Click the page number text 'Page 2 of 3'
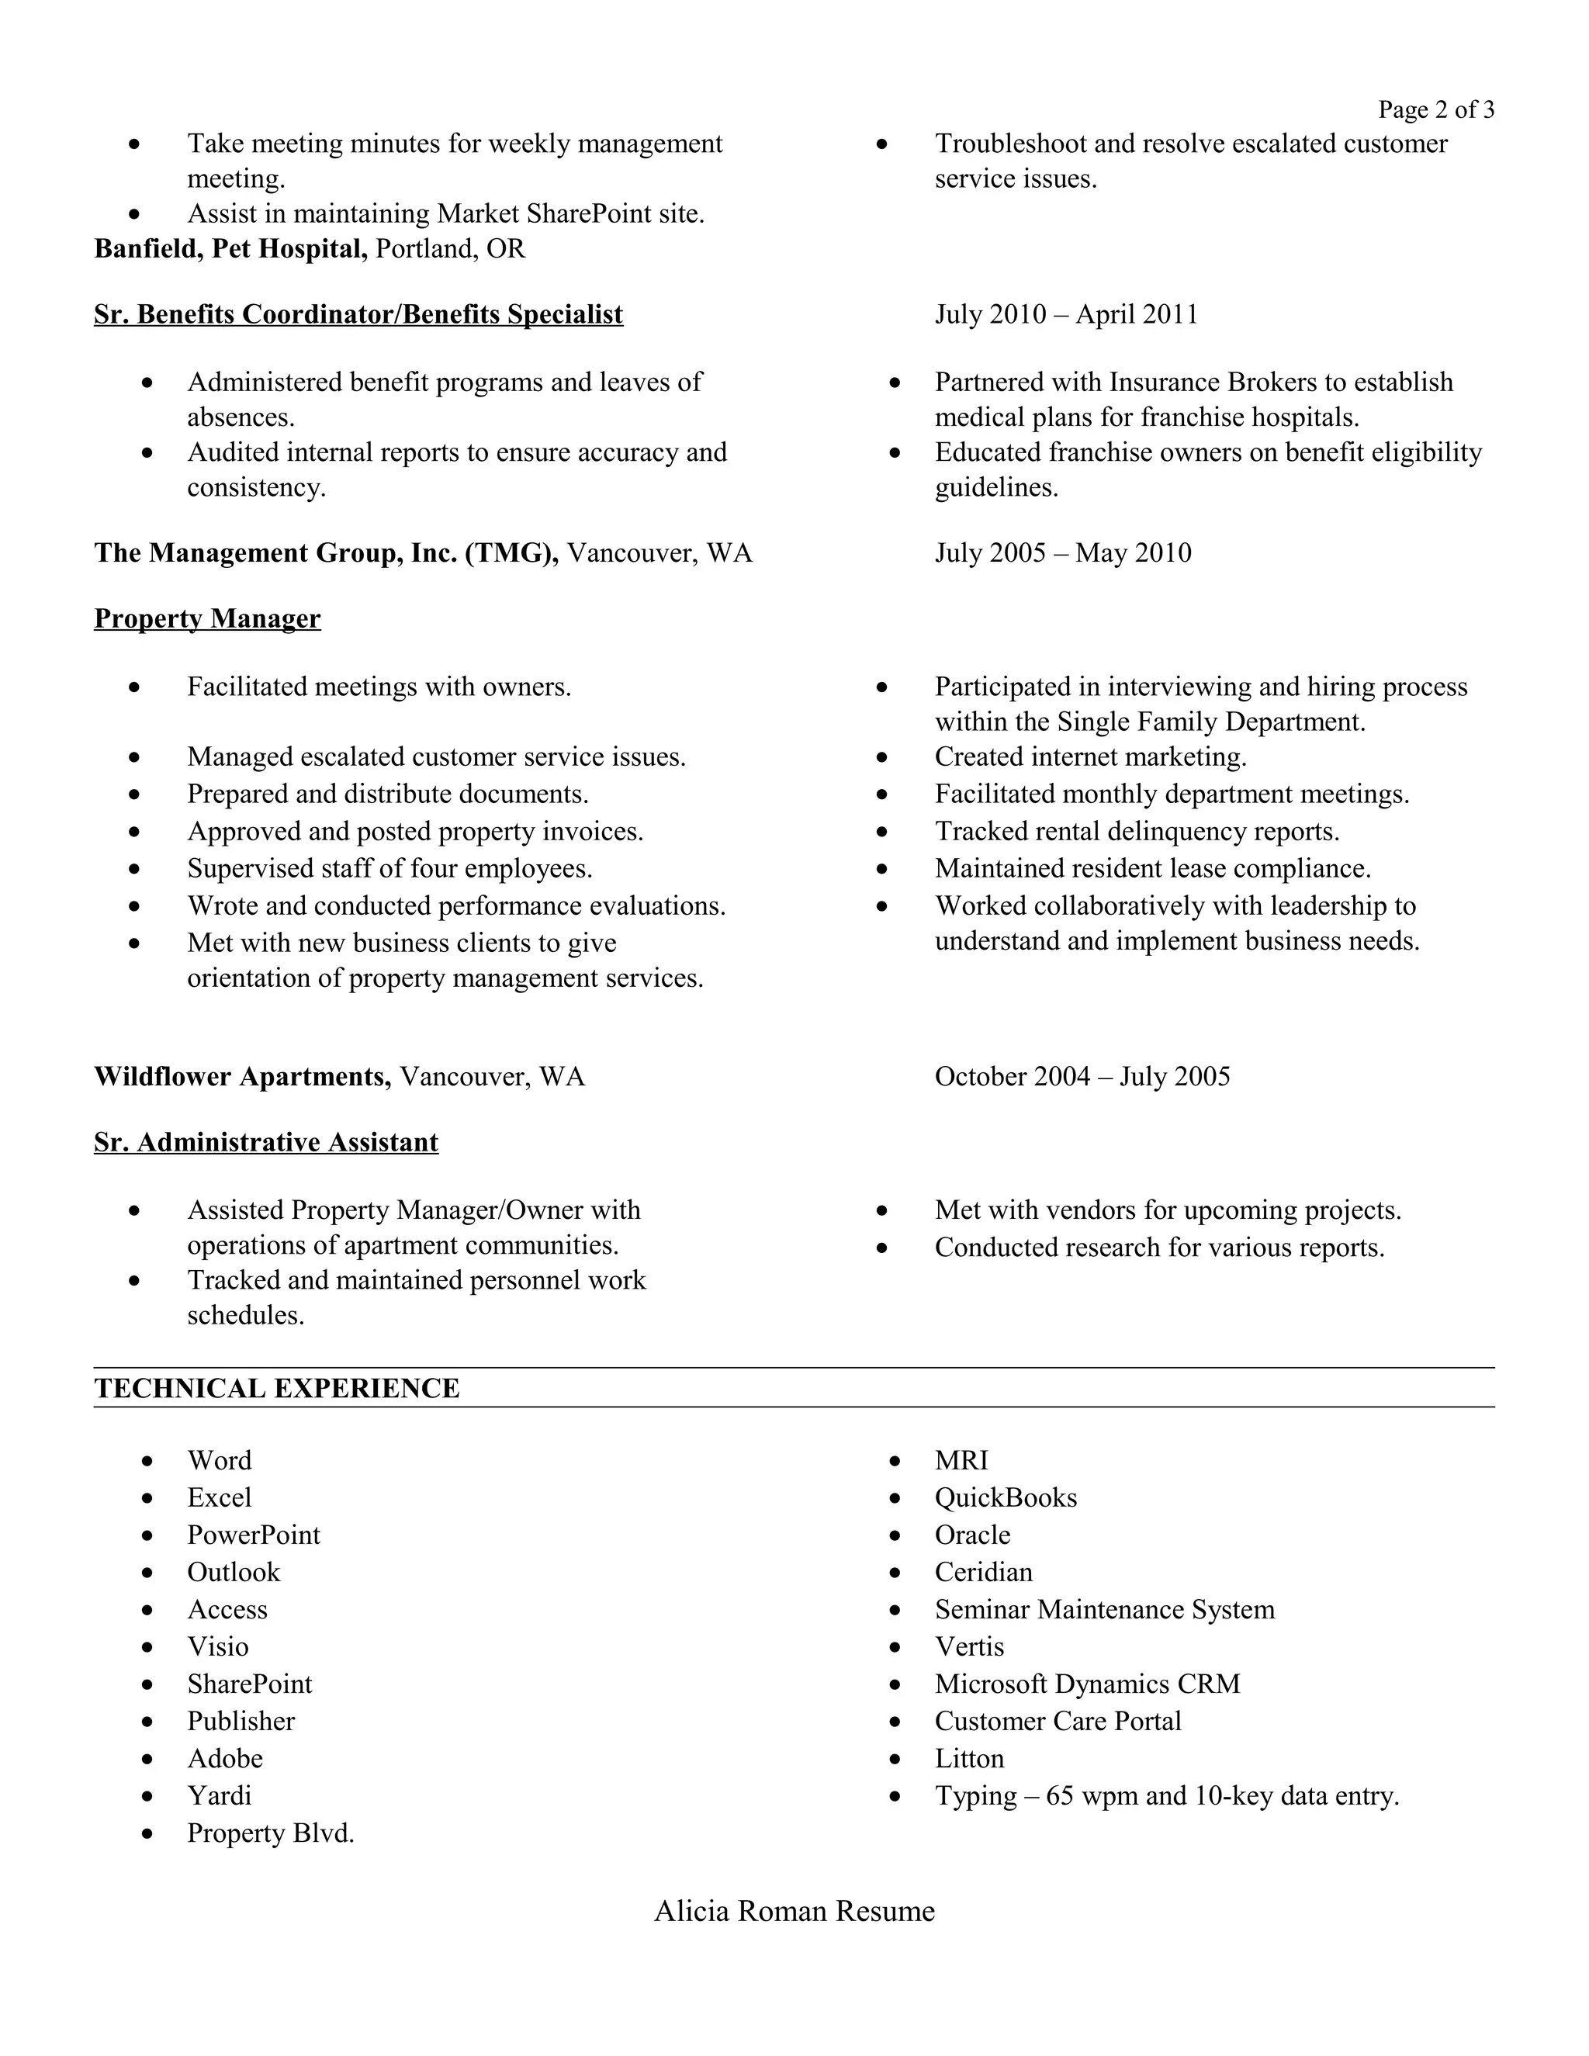[x=1435, y=110]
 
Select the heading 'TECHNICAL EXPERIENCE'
[x=277, y=1389]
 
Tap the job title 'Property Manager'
[x=207, y=618]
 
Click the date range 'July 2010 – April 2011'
[x=1065, y=314]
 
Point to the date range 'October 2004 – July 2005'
[x=1082, y=1076]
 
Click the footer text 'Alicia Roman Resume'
[x=794, y=1911]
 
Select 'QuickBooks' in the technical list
[x=1006, y=1497]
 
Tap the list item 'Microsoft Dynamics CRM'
[x=1087, y=1684]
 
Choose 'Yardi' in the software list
[x=220, y=1795]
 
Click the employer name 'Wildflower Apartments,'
[x=242, y=1076]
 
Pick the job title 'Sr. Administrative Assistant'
[x=265, y=1142]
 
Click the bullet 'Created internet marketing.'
[x=1090, y=757]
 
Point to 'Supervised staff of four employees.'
[x=389, y=868]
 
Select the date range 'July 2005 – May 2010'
[x=1063, y=552]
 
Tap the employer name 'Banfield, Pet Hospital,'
[x=230, y=248]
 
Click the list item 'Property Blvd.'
[x=270, y=1833]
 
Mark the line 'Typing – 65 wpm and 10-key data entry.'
[x=1166, y=1795]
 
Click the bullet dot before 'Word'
[x=147, y=1461]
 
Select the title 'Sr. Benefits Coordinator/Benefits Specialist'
[x=358, y=314]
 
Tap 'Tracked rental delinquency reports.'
[x=1136, y=831]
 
